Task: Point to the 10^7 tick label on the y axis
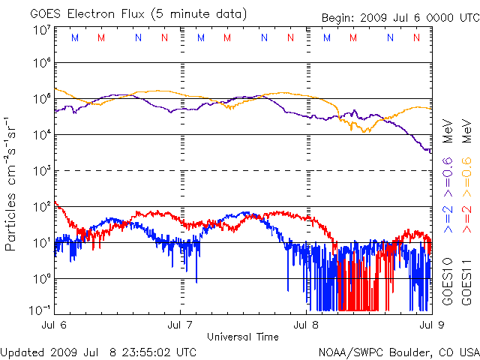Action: (x=41, y=30)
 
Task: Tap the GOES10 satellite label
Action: (x=447, y=281)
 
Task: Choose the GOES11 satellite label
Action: (x=466, y=281)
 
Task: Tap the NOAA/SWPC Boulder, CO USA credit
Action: (x=398, y=352)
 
